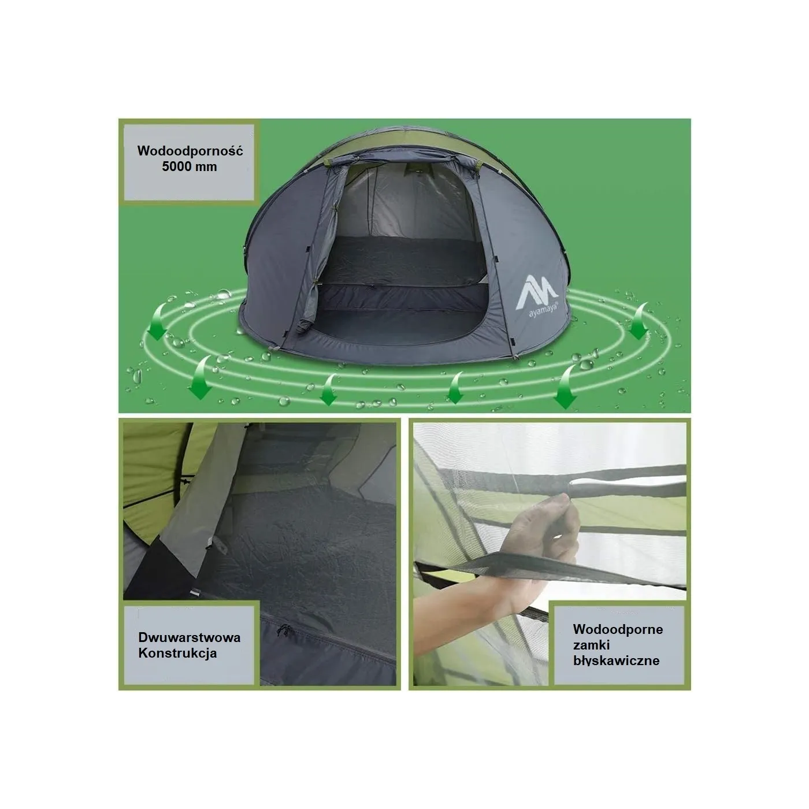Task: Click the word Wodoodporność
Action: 190,151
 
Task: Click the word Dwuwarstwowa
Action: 190,637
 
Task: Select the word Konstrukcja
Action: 177,653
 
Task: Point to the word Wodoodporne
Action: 618,629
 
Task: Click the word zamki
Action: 591,645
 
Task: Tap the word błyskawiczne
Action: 617,661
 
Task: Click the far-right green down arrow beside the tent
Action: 639,321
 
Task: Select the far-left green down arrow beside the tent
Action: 157,322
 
